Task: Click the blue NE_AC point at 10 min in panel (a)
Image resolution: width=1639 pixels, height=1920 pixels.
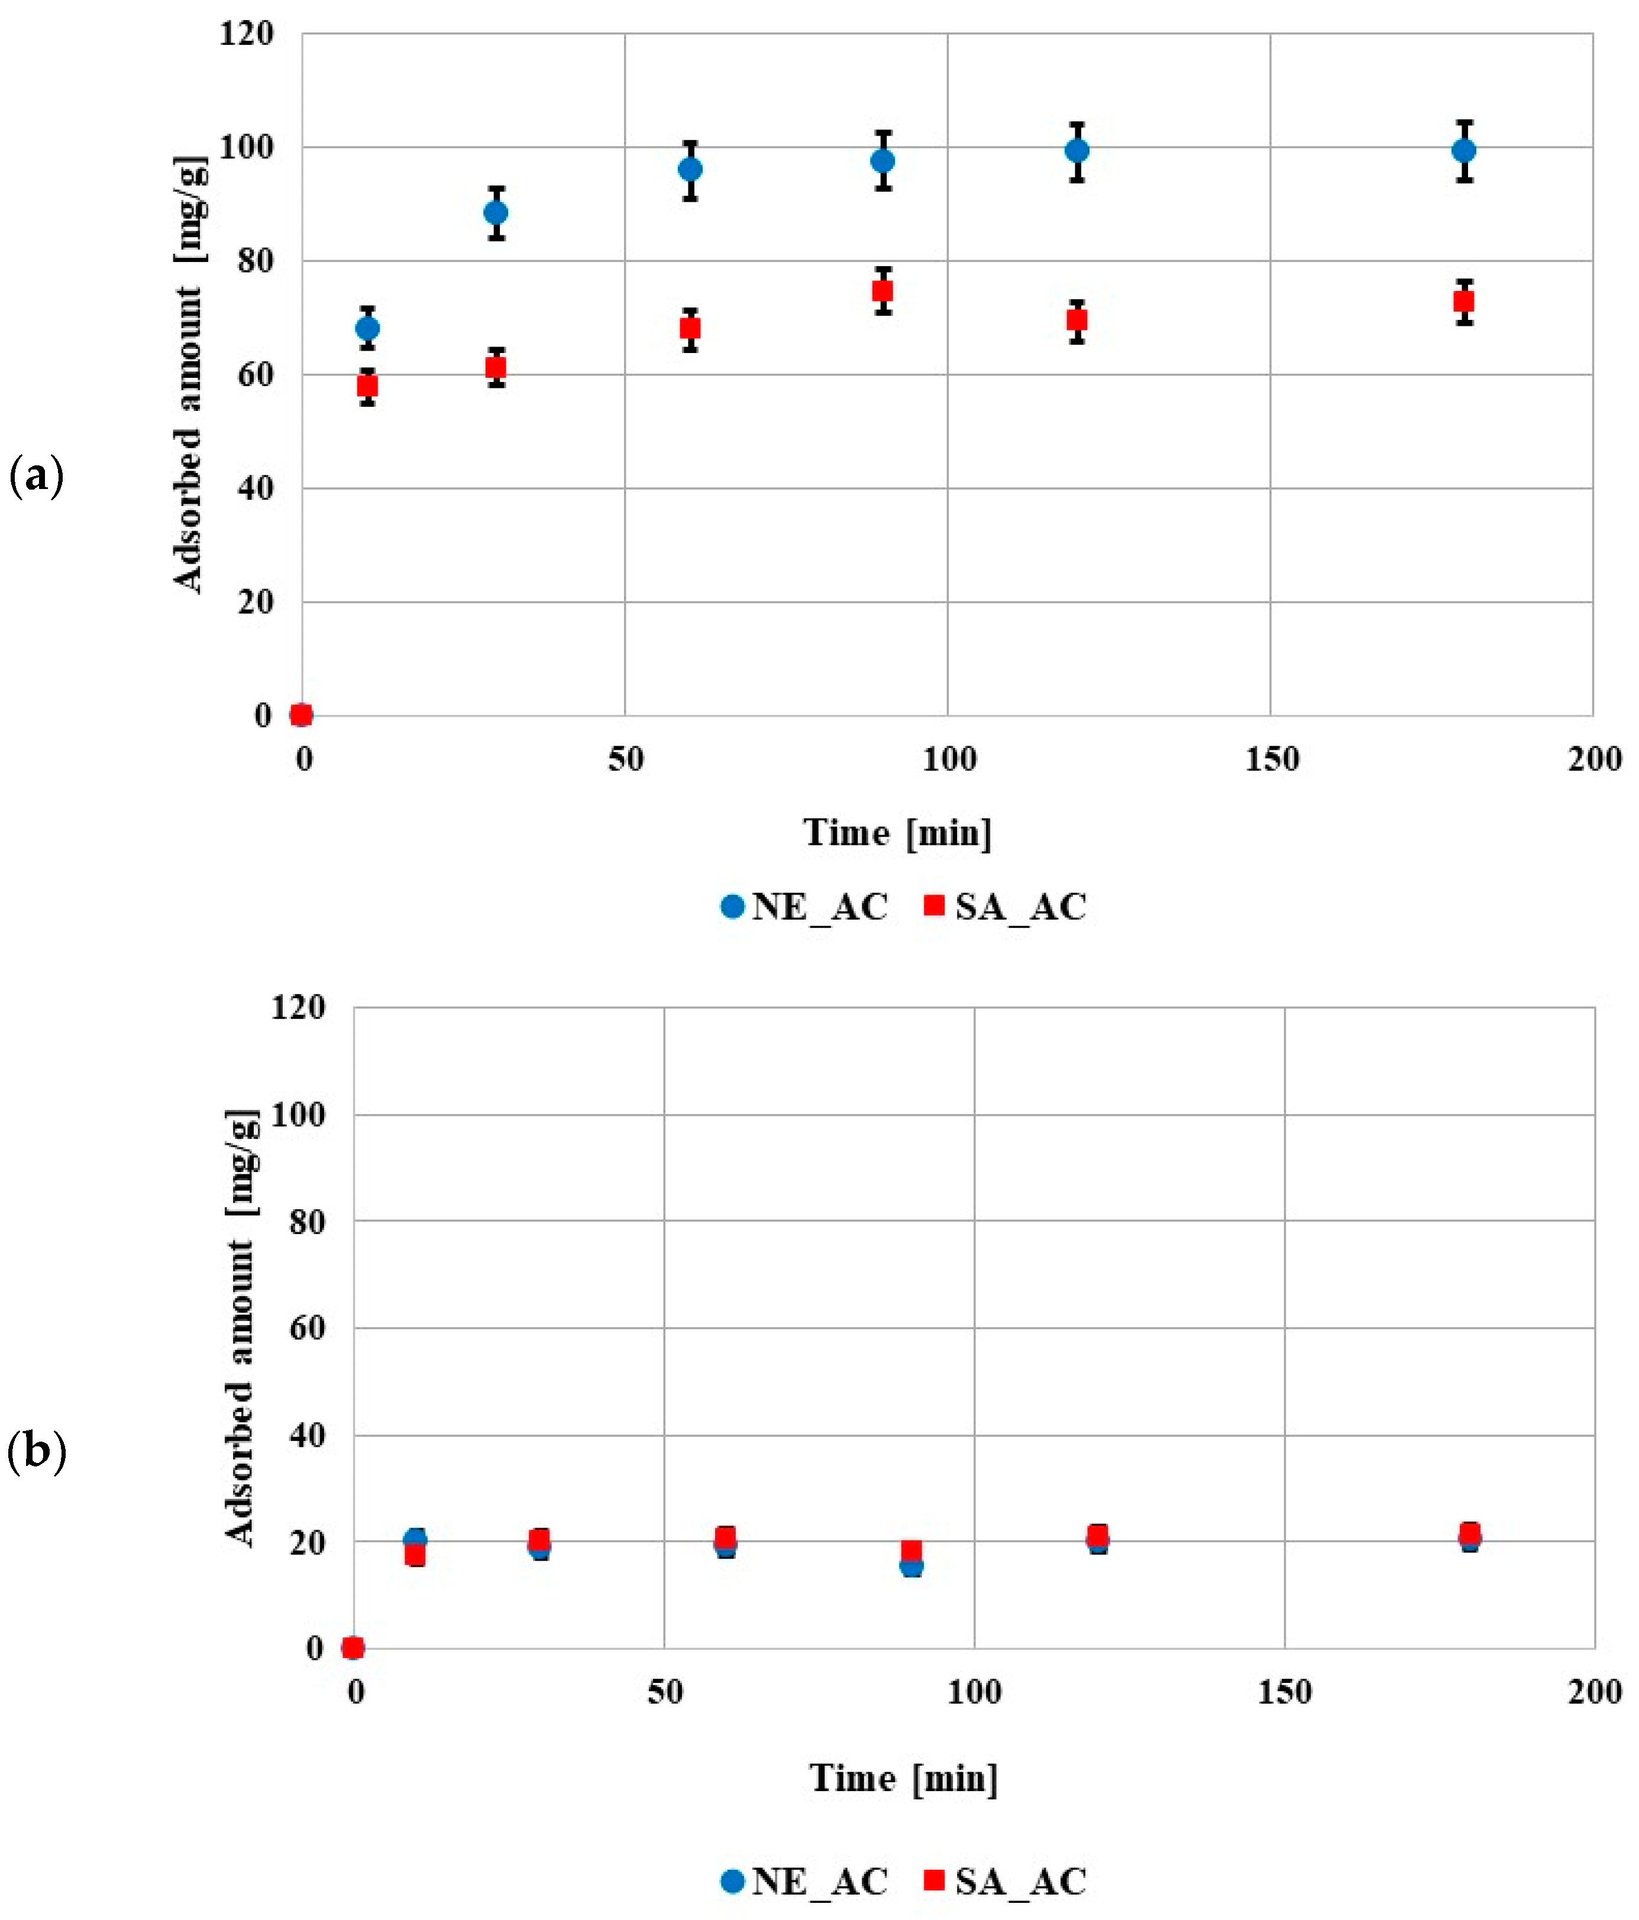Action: (367, 328)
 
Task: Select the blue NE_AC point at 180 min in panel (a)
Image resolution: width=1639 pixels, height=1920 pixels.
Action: (1463, 150)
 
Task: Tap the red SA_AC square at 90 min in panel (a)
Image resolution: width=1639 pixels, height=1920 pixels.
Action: (882, 291)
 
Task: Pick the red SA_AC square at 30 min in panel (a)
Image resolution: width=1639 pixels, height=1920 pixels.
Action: (496, 368)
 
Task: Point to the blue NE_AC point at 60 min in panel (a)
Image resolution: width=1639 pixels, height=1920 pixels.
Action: (690, 170)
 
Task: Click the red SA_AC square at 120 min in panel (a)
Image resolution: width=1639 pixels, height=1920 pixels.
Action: (1076, 320)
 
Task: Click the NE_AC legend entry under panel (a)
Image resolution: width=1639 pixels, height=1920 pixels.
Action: (804, 906)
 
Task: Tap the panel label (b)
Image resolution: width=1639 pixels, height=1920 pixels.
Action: (36, 1450)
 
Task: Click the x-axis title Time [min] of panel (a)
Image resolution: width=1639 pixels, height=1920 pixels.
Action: (897, 832)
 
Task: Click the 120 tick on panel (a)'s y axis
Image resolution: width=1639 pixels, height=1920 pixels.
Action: (247, 34)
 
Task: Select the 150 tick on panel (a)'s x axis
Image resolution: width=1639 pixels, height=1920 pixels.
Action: (1271, 760)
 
